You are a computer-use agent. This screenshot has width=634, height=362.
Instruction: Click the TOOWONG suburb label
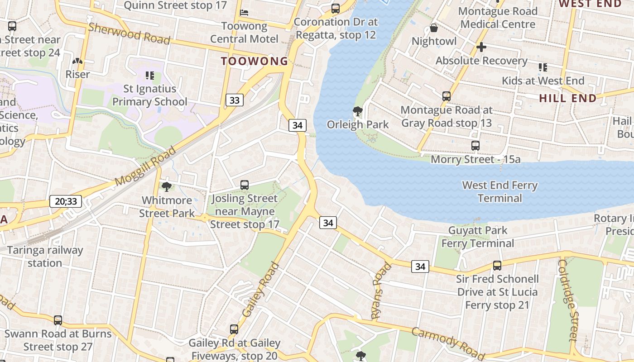click(255, 61)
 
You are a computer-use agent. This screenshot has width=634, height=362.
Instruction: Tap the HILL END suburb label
click(568, 98)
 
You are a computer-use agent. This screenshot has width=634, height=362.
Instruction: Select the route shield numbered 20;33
click(66, 201)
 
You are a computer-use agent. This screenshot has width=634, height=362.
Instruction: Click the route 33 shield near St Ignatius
click(234, 100)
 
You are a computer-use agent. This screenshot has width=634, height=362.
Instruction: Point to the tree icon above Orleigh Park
click(358, 111)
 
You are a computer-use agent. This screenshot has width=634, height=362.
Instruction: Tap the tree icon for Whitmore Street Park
click(167, 186)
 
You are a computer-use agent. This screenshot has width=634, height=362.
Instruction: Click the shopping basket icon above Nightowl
click(434, 28)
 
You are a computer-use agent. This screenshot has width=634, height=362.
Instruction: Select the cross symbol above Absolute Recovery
click(481, 47)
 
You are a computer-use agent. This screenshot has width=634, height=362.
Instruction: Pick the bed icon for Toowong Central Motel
click(245, 12)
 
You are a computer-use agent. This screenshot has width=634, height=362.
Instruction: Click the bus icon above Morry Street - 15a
click(475, 146)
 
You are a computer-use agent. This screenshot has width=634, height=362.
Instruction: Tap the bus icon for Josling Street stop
click(245, 185)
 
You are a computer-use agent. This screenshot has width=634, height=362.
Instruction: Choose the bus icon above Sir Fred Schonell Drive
click(497, 266)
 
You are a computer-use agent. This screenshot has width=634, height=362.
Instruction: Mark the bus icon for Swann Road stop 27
click(58, 320)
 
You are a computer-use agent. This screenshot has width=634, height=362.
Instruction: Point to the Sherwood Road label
click(129, 33)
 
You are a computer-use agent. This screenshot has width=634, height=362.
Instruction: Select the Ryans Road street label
click(381, 291)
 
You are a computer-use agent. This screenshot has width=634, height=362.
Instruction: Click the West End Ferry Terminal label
click(500, 191)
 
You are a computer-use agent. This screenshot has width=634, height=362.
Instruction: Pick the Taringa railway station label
click(45, 257)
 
